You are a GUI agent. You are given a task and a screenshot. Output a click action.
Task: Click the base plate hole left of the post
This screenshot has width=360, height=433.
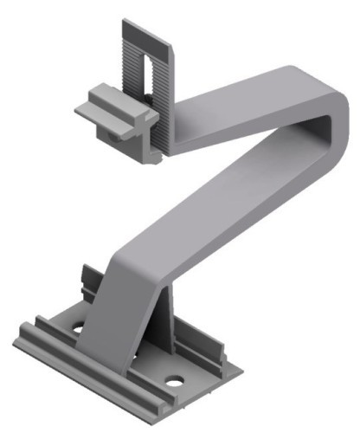pos(78,329)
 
